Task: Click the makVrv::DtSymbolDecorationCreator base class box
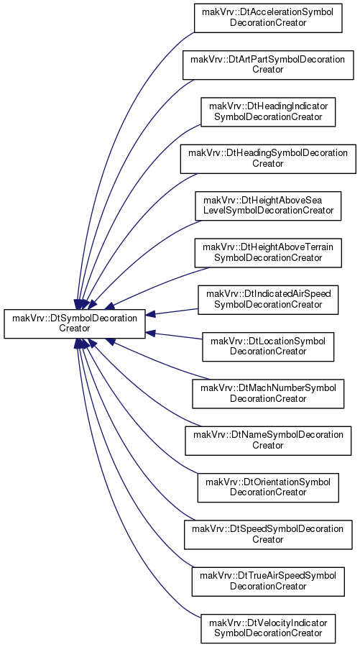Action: pos(75,324)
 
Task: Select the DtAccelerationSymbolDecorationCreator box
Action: pos(268,18)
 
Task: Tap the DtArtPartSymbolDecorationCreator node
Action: pos(268,65)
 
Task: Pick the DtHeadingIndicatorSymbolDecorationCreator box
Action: pos(268,112)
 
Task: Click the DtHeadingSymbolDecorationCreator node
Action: pos(268,159)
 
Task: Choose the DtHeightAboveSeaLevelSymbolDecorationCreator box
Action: pos(268,206)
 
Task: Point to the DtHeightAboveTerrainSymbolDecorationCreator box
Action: pos(268,253)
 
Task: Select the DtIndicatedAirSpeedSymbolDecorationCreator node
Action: pos(268,300)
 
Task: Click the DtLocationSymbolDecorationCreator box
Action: pos(268,347)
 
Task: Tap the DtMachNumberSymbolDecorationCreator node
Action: pos(268,394)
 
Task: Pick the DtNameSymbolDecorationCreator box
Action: pos(268,441)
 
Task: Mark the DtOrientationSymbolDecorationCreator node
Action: pos(268,487)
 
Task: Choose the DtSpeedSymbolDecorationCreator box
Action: pos(268,535)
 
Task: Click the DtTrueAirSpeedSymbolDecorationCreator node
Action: pos(268,582)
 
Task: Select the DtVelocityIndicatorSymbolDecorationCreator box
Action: pos(268,628)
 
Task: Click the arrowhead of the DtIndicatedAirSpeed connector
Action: pos(150,314)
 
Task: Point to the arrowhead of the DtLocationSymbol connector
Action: pos(150,333)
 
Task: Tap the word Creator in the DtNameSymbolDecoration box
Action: pos(268,446)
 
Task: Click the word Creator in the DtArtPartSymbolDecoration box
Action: pos(268,70)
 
